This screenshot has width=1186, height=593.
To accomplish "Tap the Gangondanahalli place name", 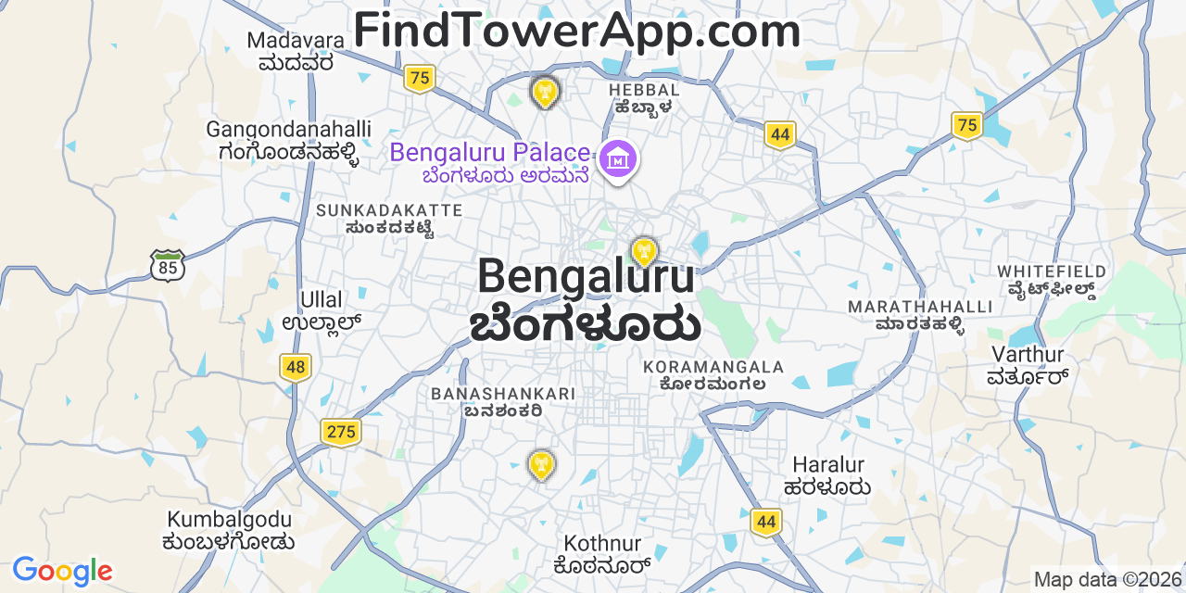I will (288, 140).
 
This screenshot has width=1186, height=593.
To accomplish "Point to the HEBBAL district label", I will (644, 97).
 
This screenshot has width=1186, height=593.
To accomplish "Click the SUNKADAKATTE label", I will (389, 219).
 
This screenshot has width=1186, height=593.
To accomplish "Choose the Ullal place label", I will (321, 310).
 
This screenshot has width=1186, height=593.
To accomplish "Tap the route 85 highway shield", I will (168, 266).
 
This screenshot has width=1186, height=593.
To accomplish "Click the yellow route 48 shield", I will (295, 368).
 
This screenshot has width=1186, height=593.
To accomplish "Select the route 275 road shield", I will (341, 431).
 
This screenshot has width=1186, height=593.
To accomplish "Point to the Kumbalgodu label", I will (229, 530).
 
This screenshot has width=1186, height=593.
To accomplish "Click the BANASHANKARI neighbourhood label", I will (503, 401).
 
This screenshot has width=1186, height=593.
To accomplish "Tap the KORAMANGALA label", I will (713, 375).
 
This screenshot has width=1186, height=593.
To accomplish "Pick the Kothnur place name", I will (602, 552).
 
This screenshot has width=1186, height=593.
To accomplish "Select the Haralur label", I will (827, 474).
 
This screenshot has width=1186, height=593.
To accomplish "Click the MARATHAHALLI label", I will (907, 314).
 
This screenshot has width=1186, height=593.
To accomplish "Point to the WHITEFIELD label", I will (1052, 279).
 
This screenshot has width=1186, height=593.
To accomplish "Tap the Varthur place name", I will (1028, 364).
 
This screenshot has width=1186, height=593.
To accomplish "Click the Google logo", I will (62, 571).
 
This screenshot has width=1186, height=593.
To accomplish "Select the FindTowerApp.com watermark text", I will (576, 31).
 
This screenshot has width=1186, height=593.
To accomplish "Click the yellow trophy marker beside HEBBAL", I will (545, 91).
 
